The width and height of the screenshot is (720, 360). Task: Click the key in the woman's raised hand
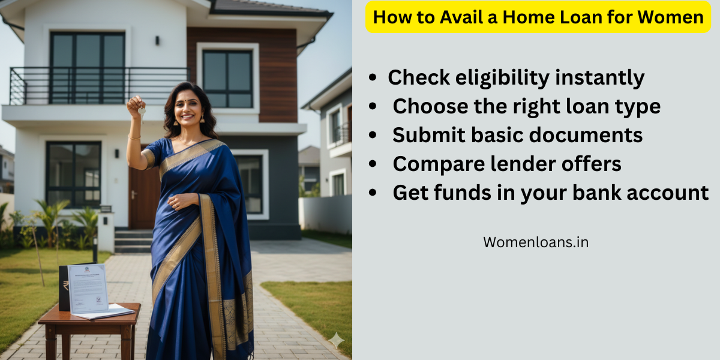142,112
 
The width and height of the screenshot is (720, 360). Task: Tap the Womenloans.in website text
536,242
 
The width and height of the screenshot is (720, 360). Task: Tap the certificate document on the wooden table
88,289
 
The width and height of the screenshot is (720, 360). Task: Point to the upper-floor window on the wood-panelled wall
227,79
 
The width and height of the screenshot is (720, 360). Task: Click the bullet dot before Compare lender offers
373,164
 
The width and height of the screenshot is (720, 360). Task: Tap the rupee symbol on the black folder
65,286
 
